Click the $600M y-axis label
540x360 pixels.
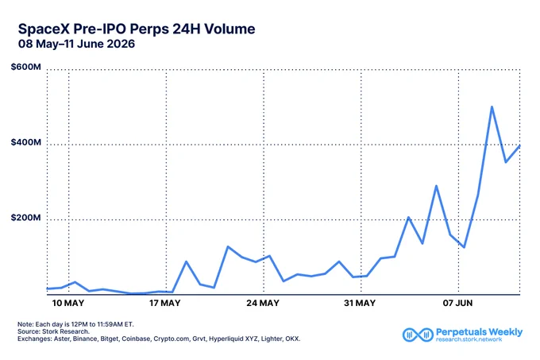click(x=26, y=67)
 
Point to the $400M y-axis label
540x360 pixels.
click(x=26, y=142)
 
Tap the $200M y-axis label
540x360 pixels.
click(x=26, y=218)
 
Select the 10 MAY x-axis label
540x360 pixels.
click(x=68, y=303)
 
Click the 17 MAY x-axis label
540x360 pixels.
click(x=165, y=303)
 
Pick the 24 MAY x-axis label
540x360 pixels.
click(x=263, y=303)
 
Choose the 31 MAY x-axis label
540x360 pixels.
click(x=360, y=303)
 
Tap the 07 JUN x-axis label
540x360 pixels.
click(x=457, y=303)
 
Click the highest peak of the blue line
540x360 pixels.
click(x=492, y=107)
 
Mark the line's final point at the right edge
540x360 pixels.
click(x=519, y=146)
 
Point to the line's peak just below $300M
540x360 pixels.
click(x=436, y=187)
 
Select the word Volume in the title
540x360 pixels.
click(x=229, y=29)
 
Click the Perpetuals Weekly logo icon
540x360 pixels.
click(x=418, y=335)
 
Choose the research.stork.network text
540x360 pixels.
click(x=469, y=339)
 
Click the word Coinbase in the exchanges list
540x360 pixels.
click(x=136, y=339)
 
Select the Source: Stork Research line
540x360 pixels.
click(x=53, y=331)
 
